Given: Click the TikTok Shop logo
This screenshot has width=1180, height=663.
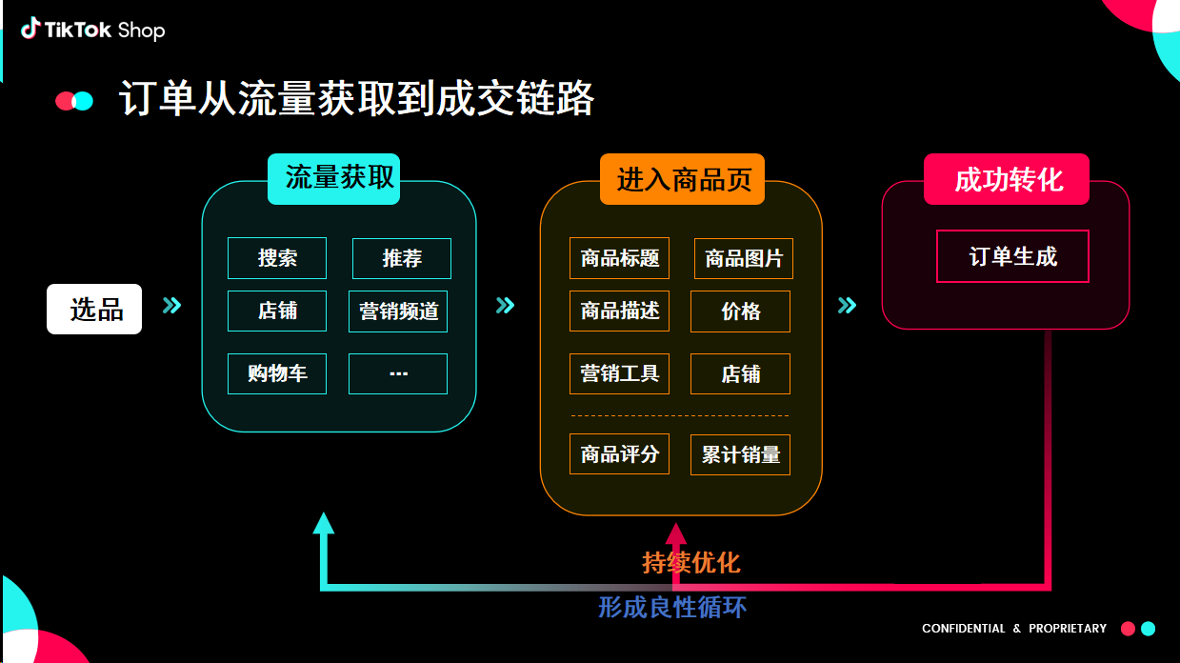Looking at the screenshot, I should (93, 30).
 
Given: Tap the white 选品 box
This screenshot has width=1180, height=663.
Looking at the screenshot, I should (94, 310).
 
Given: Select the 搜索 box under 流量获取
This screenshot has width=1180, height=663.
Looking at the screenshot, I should (277, 258).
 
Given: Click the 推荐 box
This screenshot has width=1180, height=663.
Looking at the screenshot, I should (402, 258).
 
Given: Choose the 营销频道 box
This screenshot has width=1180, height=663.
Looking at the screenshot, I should (398, 311).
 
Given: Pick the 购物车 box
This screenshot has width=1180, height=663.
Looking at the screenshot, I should (277, 373).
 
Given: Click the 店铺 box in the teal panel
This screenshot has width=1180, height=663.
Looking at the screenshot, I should (277, 311).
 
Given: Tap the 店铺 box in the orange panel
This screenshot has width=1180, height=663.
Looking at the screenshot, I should (740, 374).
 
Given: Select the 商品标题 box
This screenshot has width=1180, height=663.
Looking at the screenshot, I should (620, 258).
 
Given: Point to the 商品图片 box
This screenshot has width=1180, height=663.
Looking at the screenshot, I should (744, 258).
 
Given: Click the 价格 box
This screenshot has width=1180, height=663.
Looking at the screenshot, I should (740, 311).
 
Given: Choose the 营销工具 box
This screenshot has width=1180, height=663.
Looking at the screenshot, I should (620, 374).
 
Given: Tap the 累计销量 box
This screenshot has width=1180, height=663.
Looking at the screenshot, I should (740, 455).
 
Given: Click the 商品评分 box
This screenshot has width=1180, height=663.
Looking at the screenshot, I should (620, 455).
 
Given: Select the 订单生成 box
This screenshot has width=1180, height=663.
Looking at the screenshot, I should (1012, 256).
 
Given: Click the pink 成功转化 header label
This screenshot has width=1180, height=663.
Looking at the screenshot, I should (1007, 180).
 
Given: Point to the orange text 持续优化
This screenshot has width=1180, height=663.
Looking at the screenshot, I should (690, 563).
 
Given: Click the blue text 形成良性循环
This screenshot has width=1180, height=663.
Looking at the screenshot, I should (672, 608).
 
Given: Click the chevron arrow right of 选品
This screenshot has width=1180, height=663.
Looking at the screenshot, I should (171, 306).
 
